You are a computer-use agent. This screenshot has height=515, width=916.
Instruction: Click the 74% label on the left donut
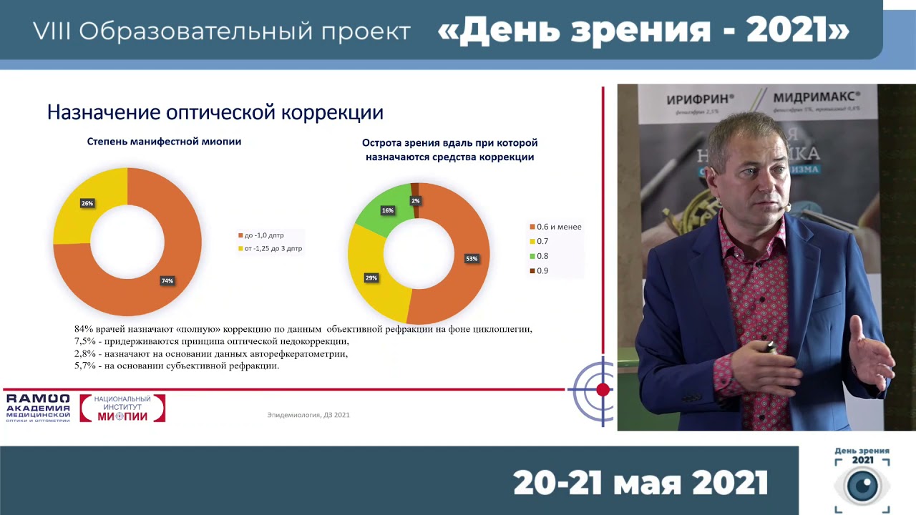(167, 281)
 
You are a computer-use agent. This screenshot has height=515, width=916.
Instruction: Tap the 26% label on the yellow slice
(87, 204)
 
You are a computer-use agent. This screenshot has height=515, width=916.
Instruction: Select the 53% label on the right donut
(472, 259)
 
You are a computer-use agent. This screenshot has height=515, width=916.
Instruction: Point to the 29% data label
(371, 278)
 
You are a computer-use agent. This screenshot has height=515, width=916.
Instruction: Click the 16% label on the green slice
(388, 211)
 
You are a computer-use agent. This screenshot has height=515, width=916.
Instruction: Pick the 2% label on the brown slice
(416, 201)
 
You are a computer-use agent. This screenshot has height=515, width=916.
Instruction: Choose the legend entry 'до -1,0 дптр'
(261, 235)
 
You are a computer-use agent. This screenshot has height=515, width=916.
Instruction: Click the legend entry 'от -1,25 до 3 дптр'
(270, 249)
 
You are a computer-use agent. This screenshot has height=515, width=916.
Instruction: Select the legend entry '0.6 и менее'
(555, 227)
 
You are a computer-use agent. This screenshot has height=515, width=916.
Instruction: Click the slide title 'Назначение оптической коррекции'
(215, 112)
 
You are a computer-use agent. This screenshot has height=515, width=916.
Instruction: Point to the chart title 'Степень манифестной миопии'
(164, 142)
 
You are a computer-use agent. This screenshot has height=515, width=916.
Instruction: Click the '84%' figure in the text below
(84, 330)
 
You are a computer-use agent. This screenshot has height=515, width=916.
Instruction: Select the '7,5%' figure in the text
(85, 342)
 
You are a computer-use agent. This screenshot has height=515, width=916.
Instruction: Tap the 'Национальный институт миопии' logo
(122, 408)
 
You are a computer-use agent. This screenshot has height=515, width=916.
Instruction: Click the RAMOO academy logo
(38, 408)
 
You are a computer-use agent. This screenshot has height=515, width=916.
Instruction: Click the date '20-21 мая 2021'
(640, 484)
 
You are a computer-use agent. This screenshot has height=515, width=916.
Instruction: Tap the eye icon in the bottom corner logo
(862, 486)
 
